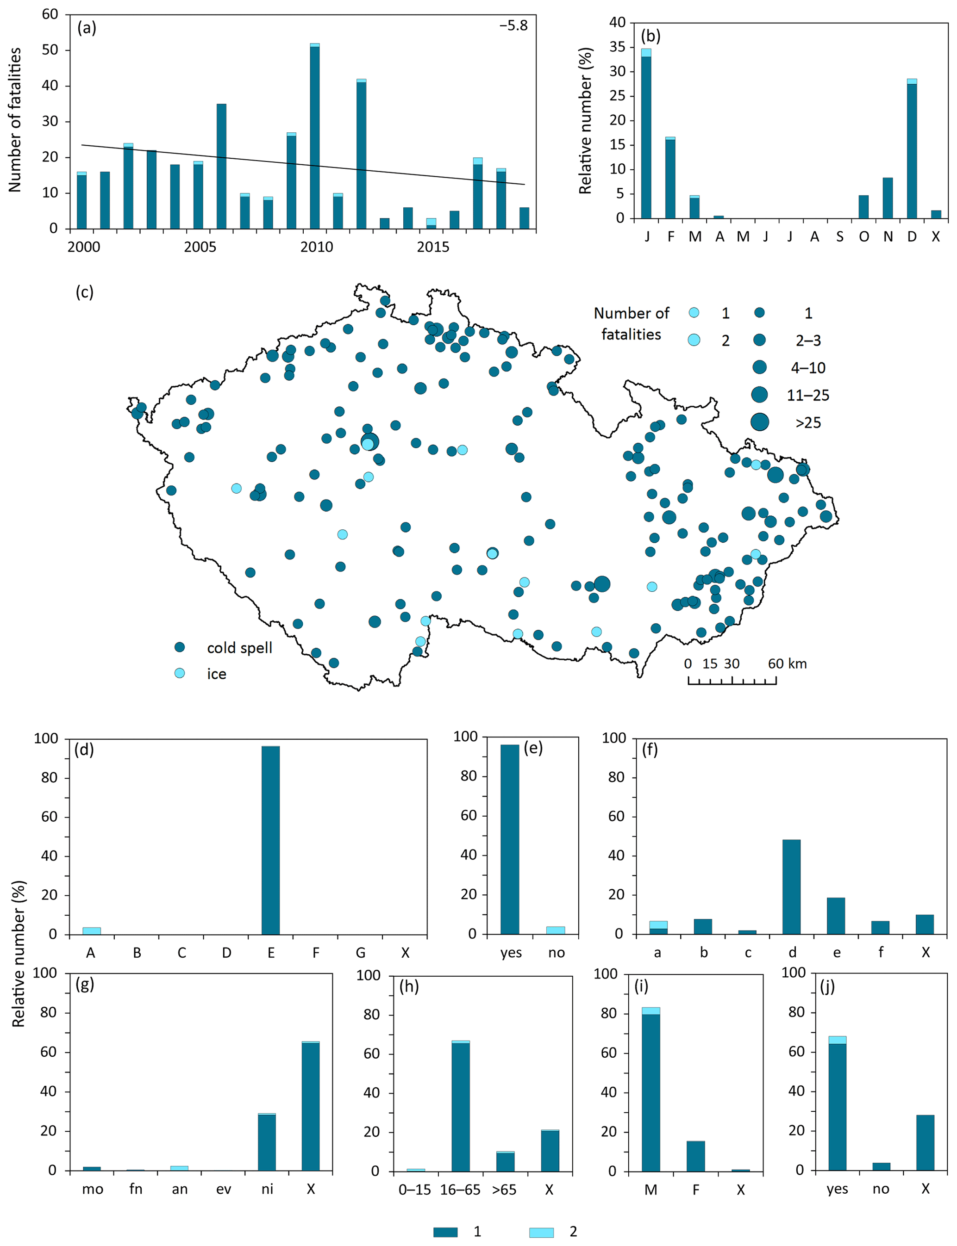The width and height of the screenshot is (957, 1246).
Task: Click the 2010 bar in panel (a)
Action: coord(314,136)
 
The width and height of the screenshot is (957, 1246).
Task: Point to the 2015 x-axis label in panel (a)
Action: coord(432,247)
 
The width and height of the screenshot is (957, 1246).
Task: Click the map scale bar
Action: coord(732,680)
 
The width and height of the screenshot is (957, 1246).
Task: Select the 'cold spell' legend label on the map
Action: coord(239,648)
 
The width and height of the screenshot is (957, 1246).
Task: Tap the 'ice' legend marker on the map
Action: coord(180,673)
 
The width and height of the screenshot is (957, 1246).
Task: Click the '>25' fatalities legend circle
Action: coord(759,422)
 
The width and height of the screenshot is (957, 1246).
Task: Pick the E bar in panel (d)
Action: coord(270,840)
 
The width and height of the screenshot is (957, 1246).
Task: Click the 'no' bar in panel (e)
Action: coord(556,930)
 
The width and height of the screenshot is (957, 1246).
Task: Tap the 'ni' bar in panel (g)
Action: coord(267,1142)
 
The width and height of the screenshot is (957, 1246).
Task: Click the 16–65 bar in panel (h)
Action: coord(460,1106)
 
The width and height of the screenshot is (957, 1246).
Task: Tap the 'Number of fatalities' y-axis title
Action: coord(15,119)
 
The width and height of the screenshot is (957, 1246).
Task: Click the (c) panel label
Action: coord(84,292)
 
